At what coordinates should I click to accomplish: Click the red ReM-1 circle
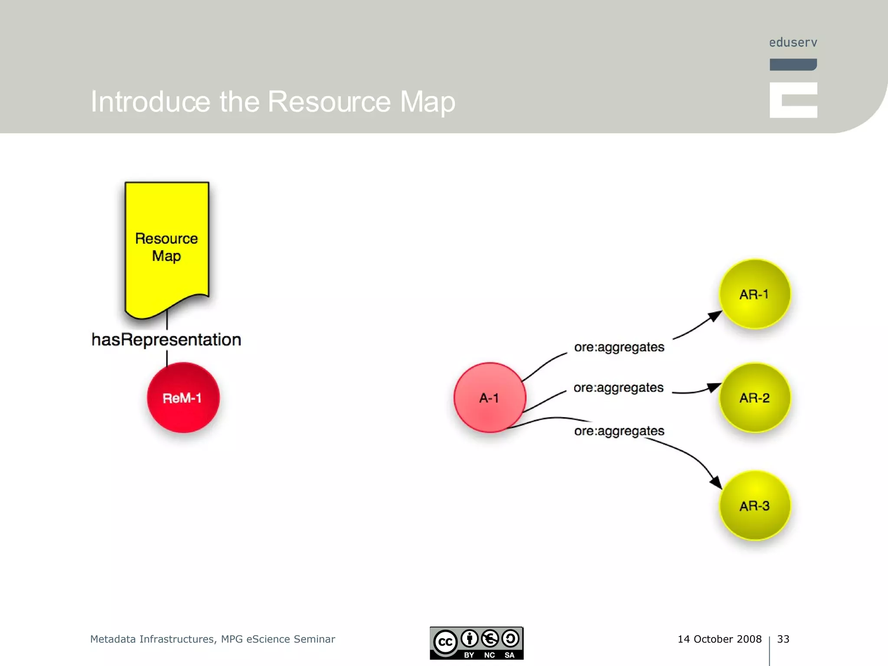pos(183,398)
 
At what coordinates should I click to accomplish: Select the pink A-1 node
pos(490,398)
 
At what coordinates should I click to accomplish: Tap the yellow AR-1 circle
pos(754,294)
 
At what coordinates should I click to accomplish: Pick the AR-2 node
pos(754,398)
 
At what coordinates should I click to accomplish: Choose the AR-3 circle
pos(754,506)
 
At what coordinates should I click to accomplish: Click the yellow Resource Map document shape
pos(167,247)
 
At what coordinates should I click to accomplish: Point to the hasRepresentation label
pos(166,340)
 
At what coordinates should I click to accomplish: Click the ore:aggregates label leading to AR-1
pos(619,347)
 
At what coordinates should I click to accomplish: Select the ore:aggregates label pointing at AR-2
pos(618,387)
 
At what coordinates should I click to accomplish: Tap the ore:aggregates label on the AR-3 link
pos(619,431)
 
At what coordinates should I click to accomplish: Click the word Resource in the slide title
pos(329,101)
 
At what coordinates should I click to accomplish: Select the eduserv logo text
pos(793,42)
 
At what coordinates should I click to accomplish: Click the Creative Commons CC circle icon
pos(445,642)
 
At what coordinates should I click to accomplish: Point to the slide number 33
pos(783,639)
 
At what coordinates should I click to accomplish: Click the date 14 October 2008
pos(719,639)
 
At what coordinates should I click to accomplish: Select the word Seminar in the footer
pos(314,639)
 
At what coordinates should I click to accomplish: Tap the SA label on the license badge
pos(509,655)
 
